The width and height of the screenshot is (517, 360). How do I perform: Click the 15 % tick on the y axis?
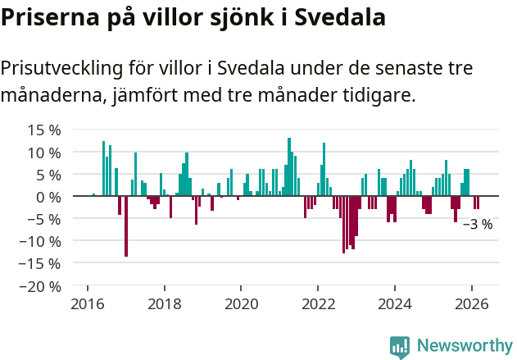click(43, 130)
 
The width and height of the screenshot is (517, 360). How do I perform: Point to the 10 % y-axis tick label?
click(43, 153)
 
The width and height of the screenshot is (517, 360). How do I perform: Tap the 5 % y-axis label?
click(48, 175)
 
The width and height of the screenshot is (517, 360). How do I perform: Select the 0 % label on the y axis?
click(48, 197)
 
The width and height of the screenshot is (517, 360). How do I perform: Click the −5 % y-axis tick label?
click(43, 219)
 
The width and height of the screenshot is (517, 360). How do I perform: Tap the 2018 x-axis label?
click(164, 304)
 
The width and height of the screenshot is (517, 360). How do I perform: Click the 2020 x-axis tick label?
click(241, 304)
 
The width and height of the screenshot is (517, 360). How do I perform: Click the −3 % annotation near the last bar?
click(478, 224)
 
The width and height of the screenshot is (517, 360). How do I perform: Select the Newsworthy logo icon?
click(400, 347)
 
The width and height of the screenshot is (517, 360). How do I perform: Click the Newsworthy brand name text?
click(465, 346)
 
